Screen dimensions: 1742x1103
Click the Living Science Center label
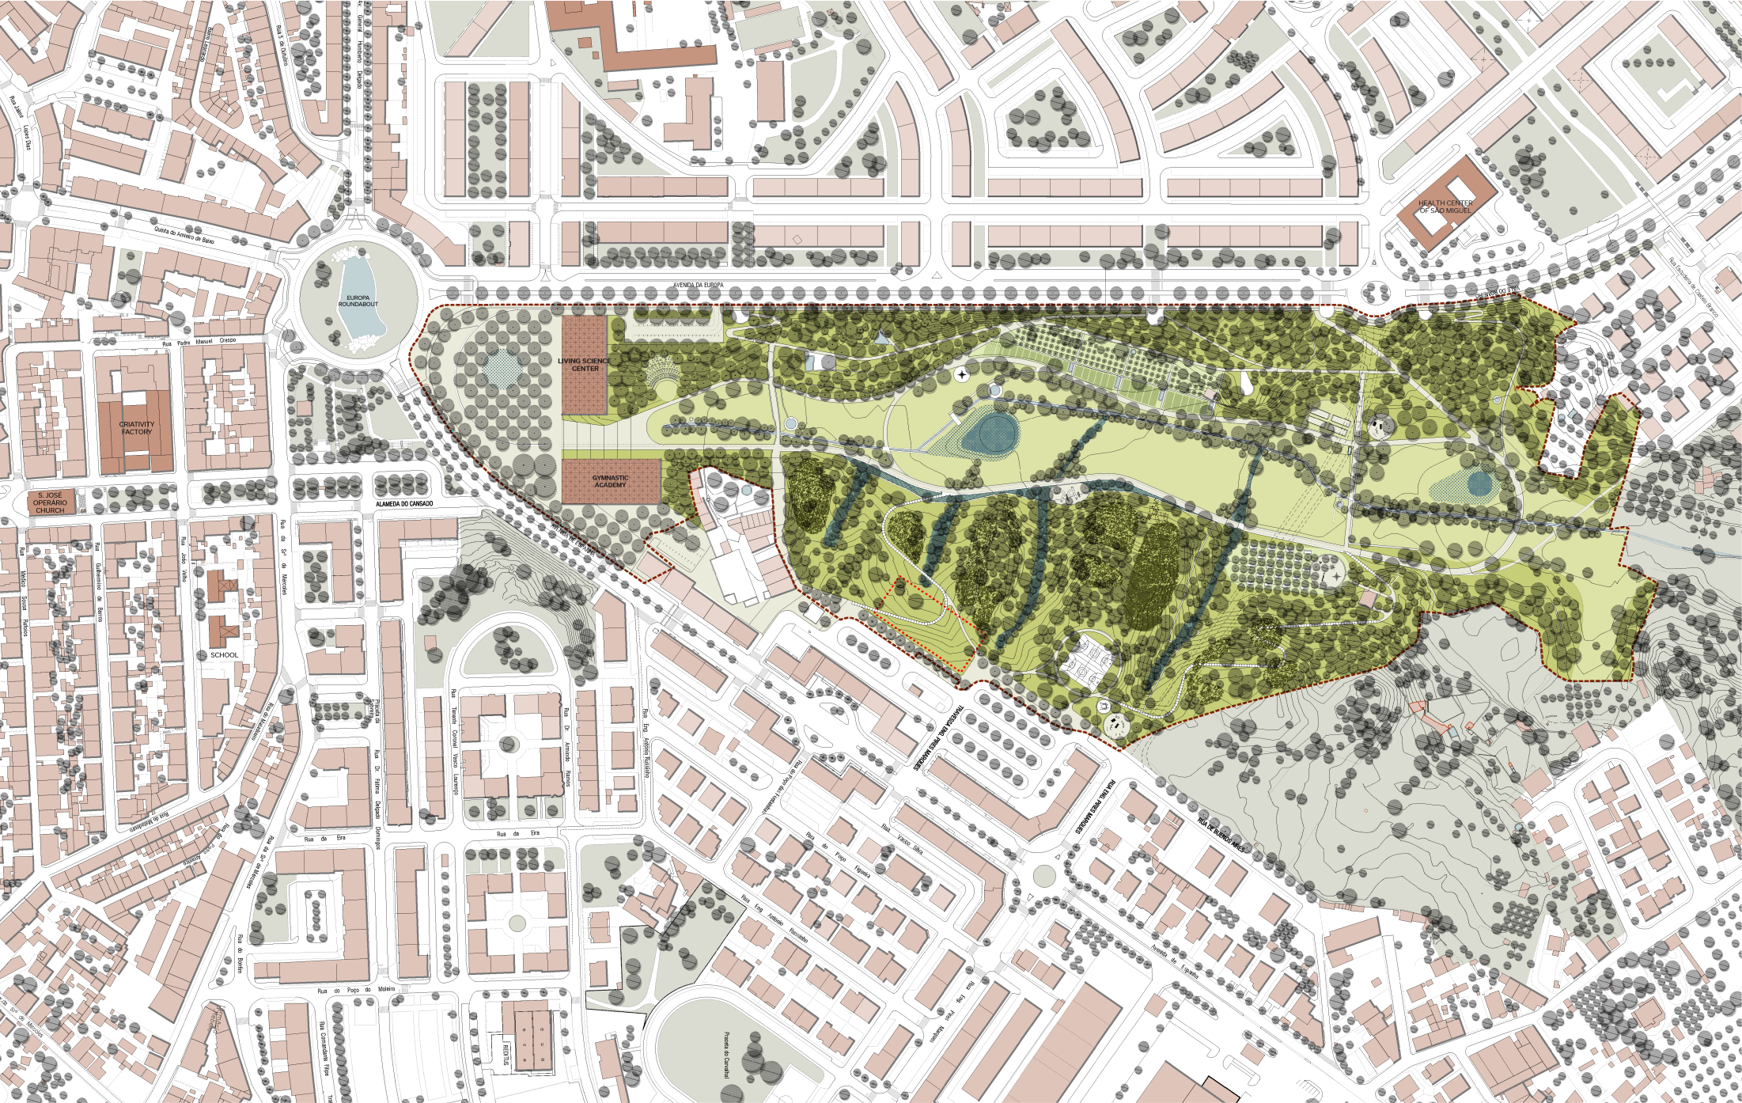tap(585, 365)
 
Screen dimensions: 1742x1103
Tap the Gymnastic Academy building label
tap(611, 481)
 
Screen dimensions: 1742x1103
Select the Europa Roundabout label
tap(358, 301)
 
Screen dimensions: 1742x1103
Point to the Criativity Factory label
tap(137, 428)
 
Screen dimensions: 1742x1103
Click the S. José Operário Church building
tap(50, 502)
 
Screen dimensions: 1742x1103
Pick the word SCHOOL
tap(225, 655)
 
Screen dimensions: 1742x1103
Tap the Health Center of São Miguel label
tap(1445, 207)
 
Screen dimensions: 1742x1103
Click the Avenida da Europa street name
tap(698, 285)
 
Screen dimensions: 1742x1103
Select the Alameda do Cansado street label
tap(404, 504)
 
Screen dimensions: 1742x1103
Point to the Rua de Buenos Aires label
tap(1221, 834)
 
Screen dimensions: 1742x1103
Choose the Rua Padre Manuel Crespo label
tap(199, 343)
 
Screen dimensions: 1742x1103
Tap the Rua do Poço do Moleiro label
tap(356, 990)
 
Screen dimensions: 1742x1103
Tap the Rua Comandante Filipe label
tap(325, 1048)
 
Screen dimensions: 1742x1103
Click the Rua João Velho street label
tap(184, 559)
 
